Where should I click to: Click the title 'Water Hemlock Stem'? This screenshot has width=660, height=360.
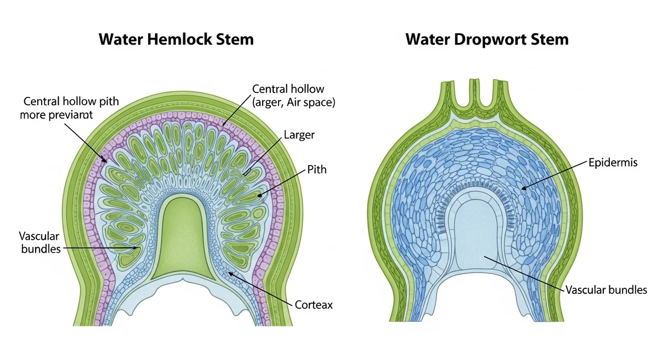coord(176,39)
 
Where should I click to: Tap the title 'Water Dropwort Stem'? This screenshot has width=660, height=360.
coord(487,39)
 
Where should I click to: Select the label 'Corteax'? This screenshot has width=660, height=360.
coord(313,305)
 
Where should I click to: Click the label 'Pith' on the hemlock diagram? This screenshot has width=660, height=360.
coord(317,169)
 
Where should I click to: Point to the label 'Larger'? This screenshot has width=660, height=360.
coord(299,135)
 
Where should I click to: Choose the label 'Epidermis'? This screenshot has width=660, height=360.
coord(613,163)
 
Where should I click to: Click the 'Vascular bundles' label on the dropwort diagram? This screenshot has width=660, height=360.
coord(606,290)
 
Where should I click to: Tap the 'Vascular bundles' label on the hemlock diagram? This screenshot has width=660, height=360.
coord(40,242)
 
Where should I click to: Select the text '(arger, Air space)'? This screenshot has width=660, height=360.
coord(293,103)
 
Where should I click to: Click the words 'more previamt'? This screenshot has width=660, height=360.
coord(56,115)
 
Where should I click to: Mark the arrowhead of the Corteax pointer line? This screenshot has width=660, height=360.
coord(229,272)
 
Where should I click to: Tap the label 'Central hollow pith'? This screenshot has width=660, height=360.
coord(71,101)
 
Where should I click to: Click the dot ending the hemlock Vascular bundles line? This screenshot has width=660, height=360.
coord(136,248)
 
